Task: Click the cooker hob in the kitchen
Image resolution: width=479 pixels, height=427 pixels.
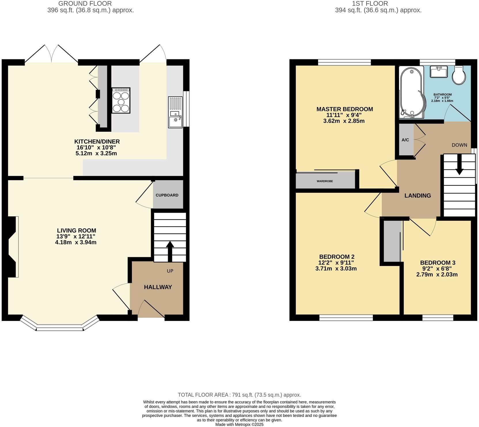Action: [x=121, y=100]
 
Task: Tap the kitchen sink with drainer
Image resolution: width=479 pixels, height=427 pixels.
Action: [x=175, y=112]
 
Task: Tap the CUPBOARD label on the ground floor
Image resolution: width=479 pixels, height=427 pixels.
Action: [x=167, y=195]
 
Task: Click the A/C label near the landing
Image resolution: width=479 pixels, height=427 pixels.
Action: [x=405, y=140]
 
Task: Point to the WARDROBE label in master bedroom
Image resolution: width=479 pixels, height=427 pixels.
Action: [x=325, y=181]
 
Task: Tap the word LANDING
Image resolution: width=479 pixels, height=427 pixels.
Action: [x=417, y=196]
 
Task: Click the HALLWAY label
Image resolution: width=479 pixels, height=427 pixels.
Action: [x=158, y=287]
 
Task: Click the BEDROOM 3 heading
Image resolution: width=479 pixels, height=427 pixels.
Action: [x=438, y=262]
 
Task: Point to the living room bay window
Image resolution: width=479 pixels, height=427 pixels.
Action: [x=60, y=327]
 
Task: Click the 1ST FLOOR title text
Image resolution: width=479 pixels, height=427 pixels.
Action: [x=370, y=4]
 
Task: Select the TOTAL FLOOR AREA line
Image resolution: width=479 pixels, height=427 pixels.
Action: [x=239, y=395]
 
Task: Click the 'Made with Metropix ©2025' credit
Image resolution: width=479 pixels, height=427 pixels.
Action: [x=239, y=424]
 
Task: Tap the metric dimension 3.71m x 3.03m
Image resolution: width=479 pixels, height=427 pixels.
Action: [x=336, y=269]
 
